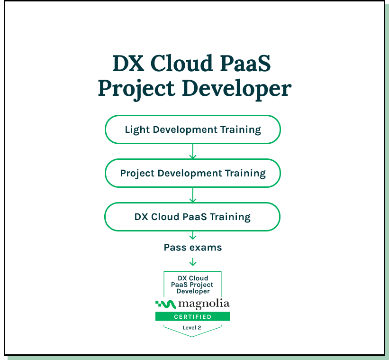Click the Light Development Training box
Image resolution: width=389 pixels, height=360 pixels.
pyautogui.click(x=192, y=129)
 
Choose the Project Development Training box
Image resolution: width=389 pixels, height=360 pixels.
pyautogui.click(x=192, y=173)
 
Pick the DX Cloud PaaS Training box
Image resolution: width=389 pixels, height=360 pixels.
pyautogui.click(x=192, y=217)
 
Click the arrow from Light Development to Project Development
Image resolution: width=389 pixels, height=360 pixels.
pyautogui.click(x=192, y=151)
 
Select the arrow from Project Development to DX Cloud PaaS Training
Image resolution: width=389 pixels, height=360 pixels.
pyautogui.click(x=192, y=195)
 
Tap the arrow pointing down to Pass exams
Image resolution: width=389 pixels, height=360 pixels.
pyautogui.click(x=192, y=236)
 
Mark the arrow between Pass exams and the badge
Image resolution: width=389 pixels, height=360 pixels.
pyautogui.click(x=192, y=261)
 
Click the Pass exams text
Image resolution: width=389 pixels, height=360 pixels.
pyautogui.click(x=192, y=248)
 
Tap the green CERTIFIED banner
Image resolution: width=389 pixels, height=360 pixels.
pyautogui.click(x=192, y=316)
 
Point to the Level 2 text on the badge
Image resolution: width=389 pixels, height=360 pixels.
pyautogui.click(x=192, y=328)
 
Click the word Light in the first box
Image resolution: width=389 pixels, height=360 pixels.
pyautogui.click(x=135, y=129)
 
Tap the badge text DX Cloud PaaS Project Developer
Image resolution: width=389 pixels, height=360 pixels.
pyautogui.click(x=192, y=284)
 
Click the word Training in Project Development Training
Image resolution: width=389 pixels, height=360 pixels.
pyautogui.click(x=245, y=173)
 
